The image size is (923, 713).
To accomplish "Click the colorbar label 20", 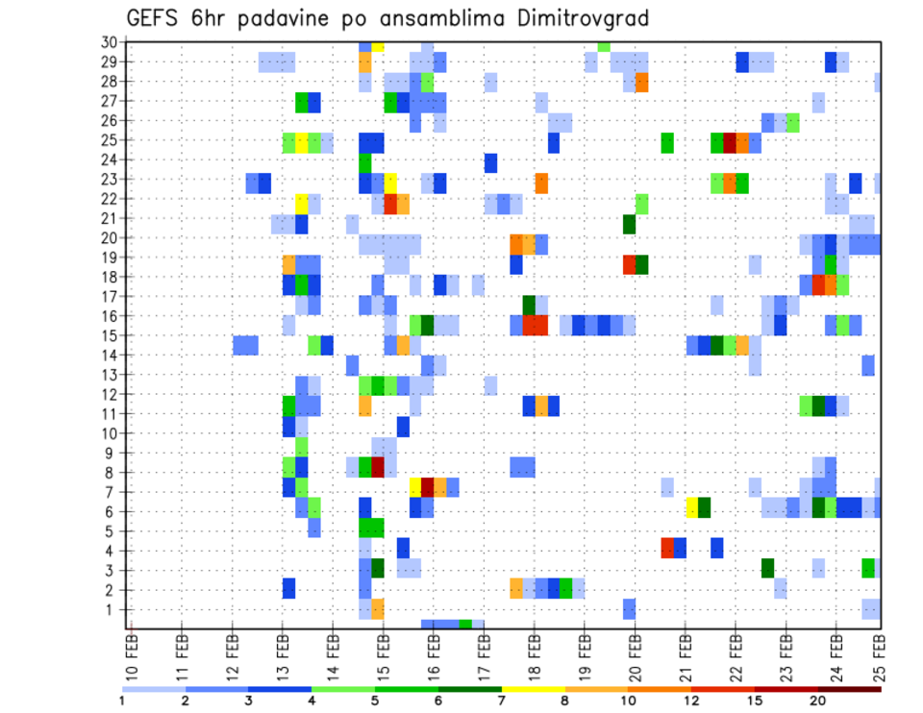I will tap(818, 701).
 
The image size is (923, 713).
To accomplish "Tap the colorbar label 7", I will tap(503, 701).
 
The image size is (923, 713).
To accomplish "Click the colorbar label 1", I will tap(122, 701).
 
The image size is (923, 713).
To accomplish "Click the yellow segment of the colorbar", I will tap(534, 689).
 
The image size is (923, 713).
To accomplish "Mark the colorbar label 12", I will tap(692, 701).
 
